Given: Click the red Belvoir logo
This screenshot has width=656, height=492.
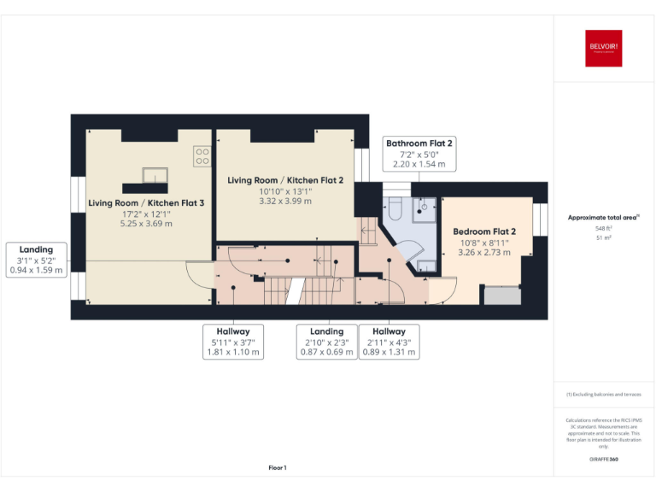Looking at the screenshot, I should (602, 49).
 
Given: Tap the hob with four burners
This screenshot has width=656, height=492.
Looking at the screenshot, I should (202, 156).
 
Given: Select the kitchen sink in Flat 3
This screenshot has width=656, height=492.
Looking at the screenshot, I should (155, 176).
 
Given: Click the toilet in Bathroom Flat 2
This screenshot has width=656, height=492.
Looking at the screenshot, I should (395, 207).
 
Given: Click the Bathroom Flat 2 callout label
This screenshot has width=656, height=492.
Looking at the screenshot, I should (419, 153).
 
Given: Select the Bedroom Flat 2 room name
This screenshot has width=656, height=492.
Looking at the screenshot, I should (484, 231).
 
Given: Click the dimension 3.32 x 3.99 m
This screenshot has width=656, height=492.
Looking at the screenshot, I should (285, 201).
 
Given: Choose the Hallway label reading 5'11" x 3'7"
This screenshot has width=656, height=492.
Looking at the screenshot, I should (233, 341).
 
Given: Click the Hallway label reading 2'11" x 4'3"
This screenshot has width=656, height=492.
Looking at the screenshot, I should (389, 341).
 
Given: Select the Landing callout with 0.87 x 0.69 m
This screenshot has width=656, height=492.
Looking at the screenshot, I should (326, 341).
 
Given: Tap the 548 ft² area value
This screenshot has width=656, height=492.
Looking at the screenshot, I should (603, 229).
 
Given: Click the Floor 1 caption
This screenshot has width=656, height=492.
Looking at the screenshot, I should (278, 467).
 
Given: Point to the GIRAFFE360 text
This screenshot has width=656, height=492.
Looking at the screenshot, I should (603, 460).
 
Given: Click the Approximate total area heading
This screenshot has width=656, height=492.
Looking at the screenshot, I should (602, 218).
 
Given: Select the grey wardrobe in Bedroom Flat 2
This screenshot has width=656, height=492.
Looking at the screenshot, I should (501, 295).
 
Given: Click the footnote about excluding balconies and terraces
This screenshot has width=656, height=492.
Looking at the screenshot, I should (603, 394).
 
